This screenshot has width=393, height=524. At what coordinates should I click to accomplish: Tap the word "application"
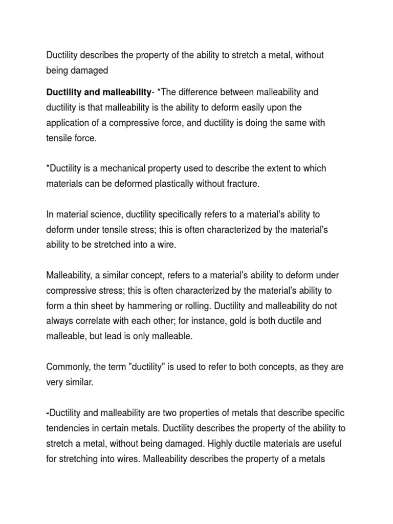[x=68, y=123]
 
